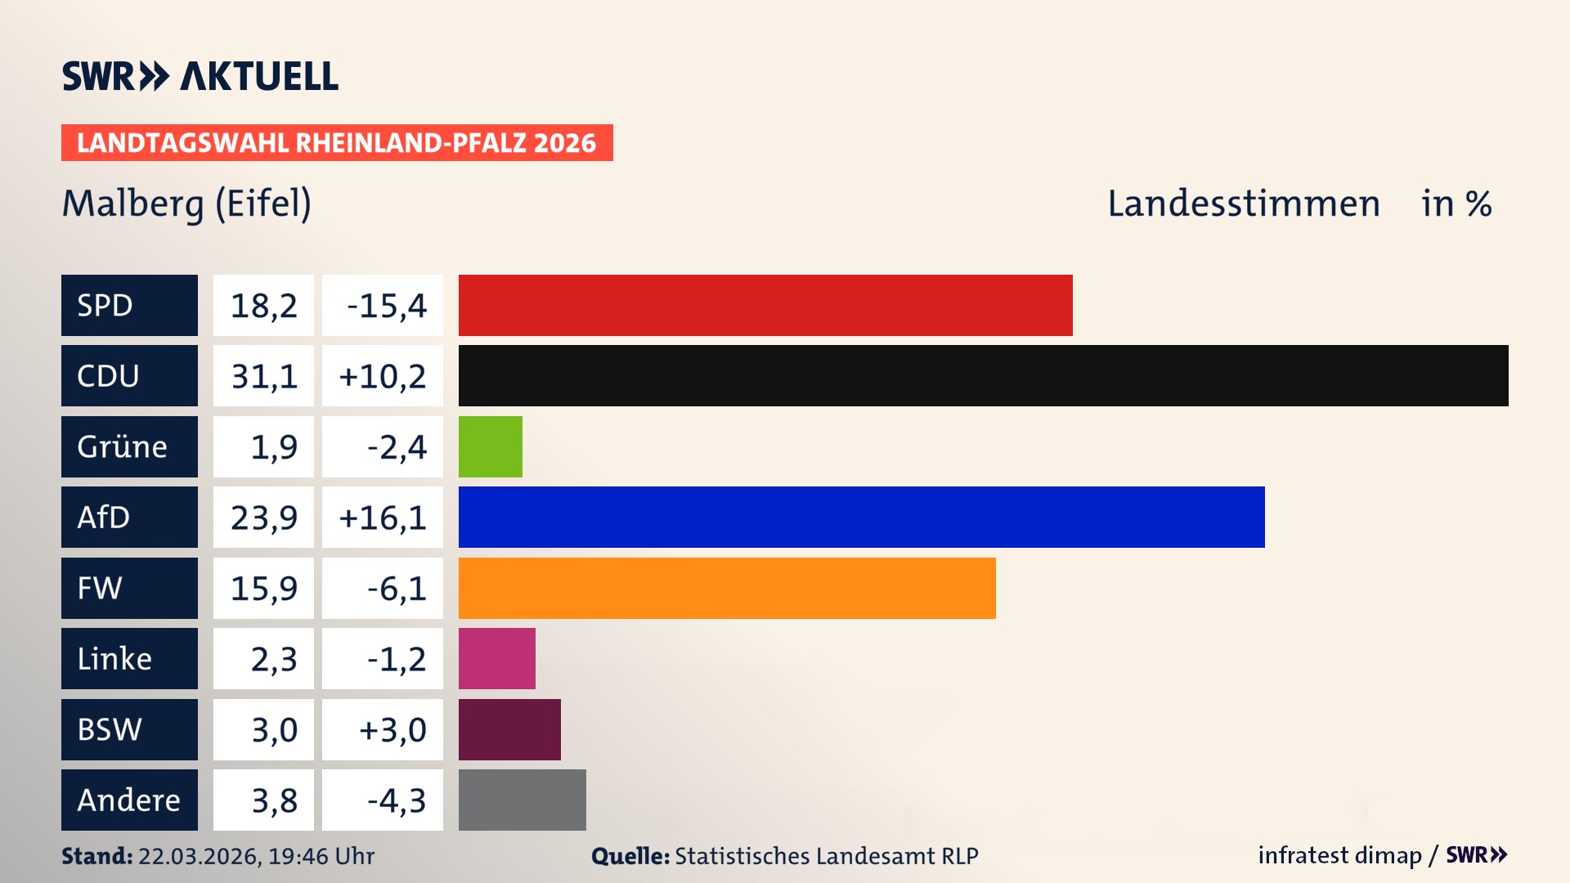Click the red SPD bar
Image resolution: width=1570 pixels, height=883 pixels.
coord(765,305)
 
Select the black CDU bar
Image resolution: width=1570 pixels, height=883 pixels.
coord(983,375)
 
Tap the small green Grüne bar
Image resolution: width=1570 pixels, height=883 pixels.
coord(490,446)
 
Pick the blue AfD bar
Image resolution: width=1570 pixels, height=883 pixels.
coord(861,517)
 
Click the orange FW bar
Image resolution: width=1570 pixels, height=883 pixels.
coord(727,588)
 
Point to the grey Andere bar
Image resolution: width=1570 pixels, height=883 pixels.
coord(522,800)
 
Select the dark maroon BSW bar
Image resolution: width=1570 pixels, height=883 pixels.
coord(509,729)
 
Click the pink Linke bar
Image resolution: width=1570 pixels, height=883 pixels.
coord(496,658)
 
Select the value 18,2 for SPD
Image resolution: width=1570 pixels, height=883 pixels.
coord(263,305)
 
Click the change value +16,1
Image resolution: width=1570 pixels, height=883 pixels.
coord(382,517)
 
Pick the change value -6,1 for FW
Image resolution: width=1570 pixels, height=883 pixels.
coord(396,588)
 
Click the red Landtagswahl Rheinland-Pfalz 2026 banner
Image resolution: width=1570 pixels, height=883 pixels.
coord(337,142)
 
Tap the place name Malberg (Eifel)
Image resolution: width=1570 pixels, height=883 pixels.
coord(186,204)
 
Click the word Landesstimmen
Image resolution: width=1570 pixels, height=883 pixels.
coord(1243,204)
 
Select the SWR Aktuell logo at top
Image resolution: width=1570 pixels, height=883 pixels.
coord(200,76)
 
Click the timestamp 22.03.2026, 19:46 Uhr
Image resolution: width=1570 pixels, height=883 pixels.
coord(256,856)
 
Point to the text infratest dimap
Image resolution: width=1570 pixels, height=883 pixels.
coord(1339,855)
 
